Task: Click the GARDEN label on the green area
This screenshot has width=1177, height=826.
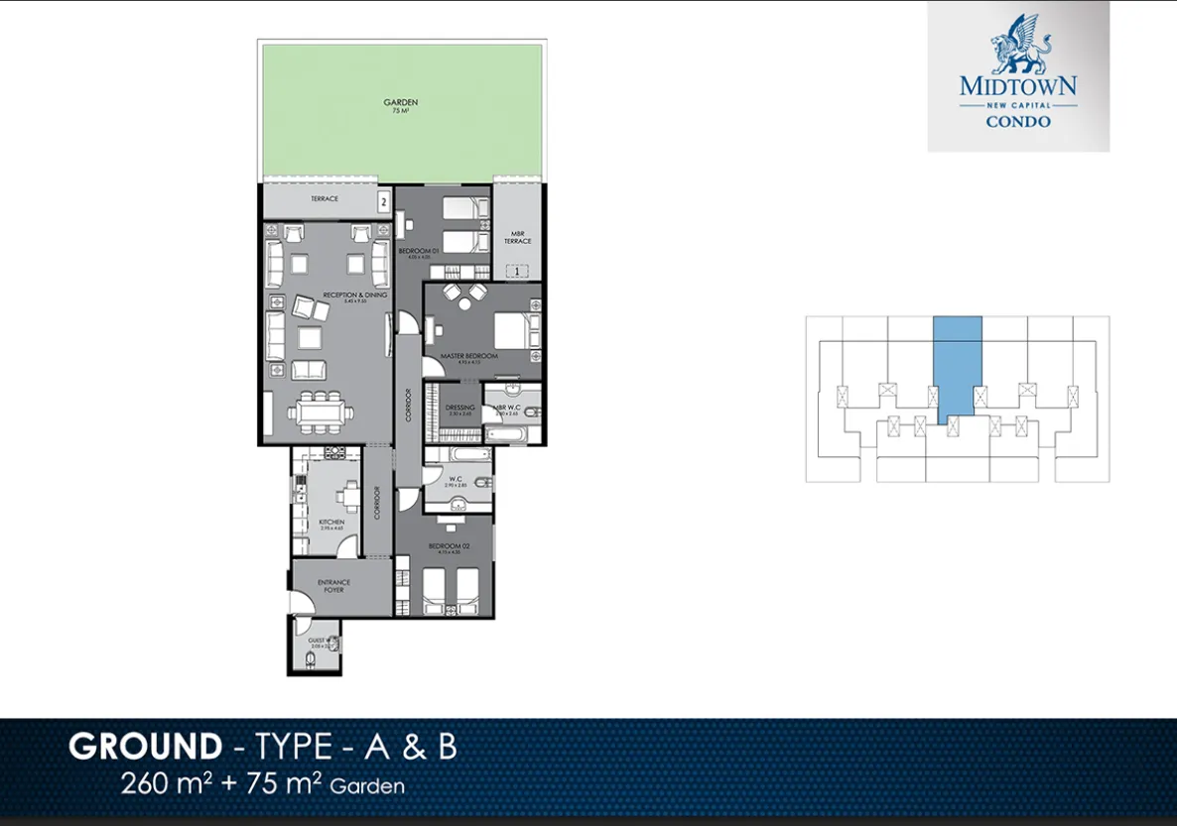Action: coord(400,103)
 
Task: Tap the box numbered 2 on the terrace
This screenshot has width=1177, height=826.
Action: coord(382,201)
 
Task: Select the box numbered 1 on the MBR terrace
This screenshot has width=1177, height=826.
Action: coord(515,271)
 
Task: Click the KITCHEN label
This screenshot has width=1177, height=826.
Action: coord(331,522)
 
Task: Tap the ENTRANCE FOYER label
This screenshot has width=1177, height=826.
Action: coord(333,585)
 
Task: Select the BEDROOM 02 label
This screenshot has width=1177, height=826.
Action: coord(444,547)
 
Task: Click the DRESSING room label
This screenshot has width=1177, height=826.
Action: coord(459,409)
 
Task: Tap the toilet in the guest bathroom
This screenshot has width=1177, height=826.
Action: coord(312,659)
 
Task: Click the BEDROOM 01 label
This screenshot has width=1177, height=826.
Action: coord(415,252)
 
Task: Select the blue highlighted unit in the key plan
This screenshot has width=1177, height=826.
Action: coord(958,362)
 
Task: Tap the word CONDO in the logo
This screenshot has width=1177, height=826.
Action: coord(1018,122)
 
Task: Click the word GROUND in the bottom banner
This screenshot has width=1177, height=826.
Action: coord(145,747)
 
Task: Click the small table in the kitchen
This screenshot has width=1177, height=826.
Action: coord(347,495)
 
